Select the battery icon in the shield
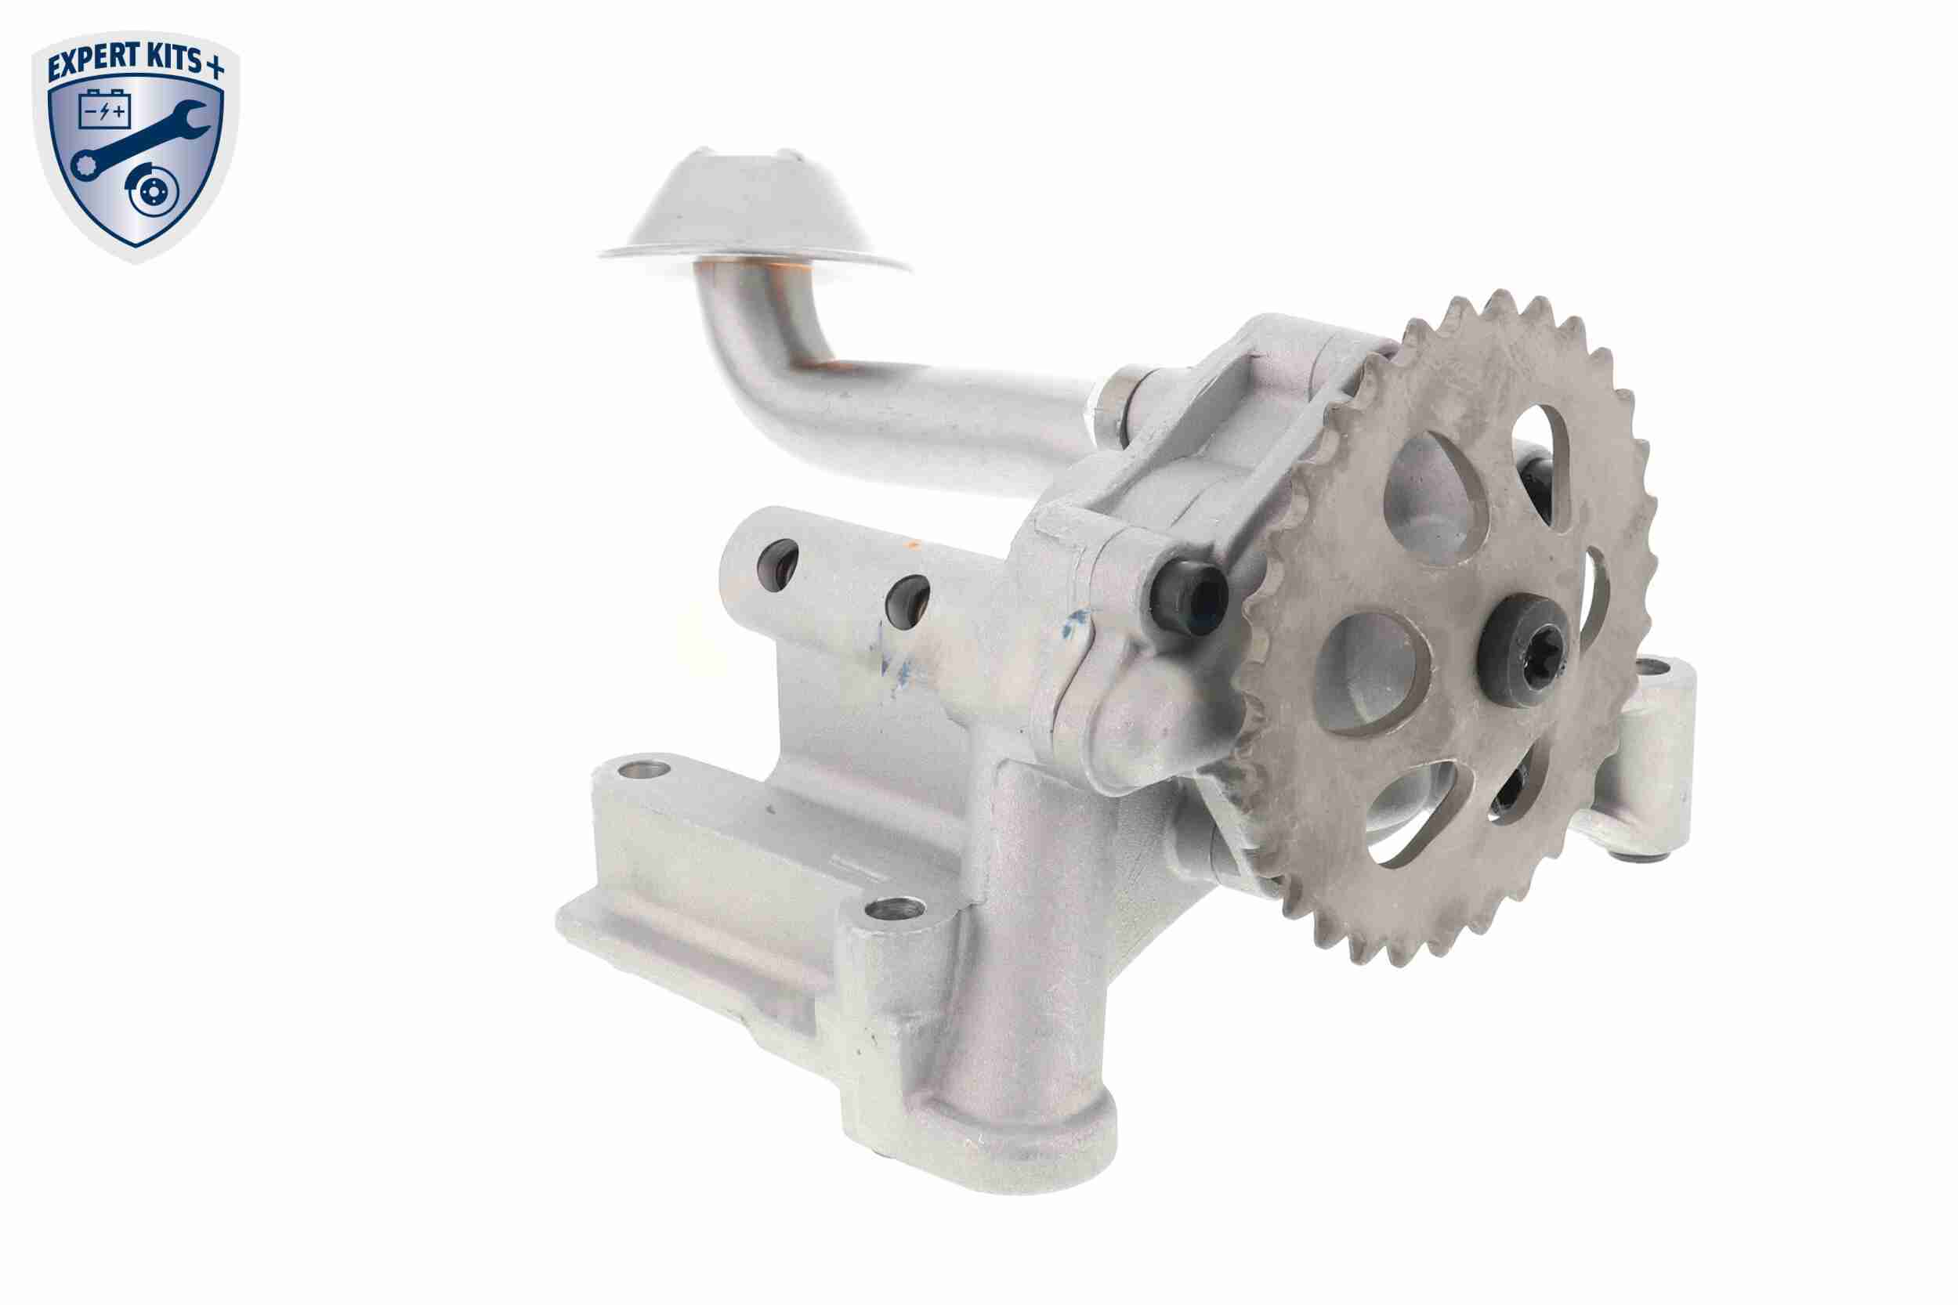click(104, 110)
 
